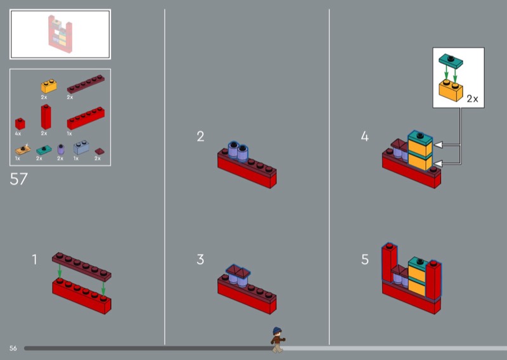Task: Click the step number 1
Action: [x=35, y=259]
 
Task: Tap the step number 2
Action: [x=200, y=136]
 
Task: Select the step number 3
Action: [x=200, y=259]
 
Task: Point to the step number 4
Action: [x=365, y=136]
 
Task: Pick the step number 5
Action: [x=365, y=259]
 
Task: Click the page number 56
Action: [x=13, y=348]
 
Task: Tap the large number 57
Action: [x=19, y=179]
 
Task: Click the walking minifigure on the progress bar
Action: [x=278, y=340]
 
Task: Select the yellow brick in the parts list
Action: [x=49, y=86]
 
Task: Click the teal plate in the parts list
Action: [x=44, y=150]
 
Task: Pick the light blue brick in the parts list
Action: [x=81, y=147]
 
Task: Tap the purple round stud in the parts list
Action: [x=61, y=149]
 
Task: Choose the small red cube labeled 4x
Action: [x=20, y=124]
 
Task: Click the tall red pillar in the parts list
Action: [x=46, y=117]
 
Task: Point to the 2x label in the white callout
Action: [x=472, y=99]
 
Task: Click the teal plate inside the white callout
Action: [x=451, y=61]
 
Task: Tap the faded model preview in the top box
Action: [x=60, y=34]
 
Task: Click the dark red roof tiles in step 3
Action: [x=238, y=271]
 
